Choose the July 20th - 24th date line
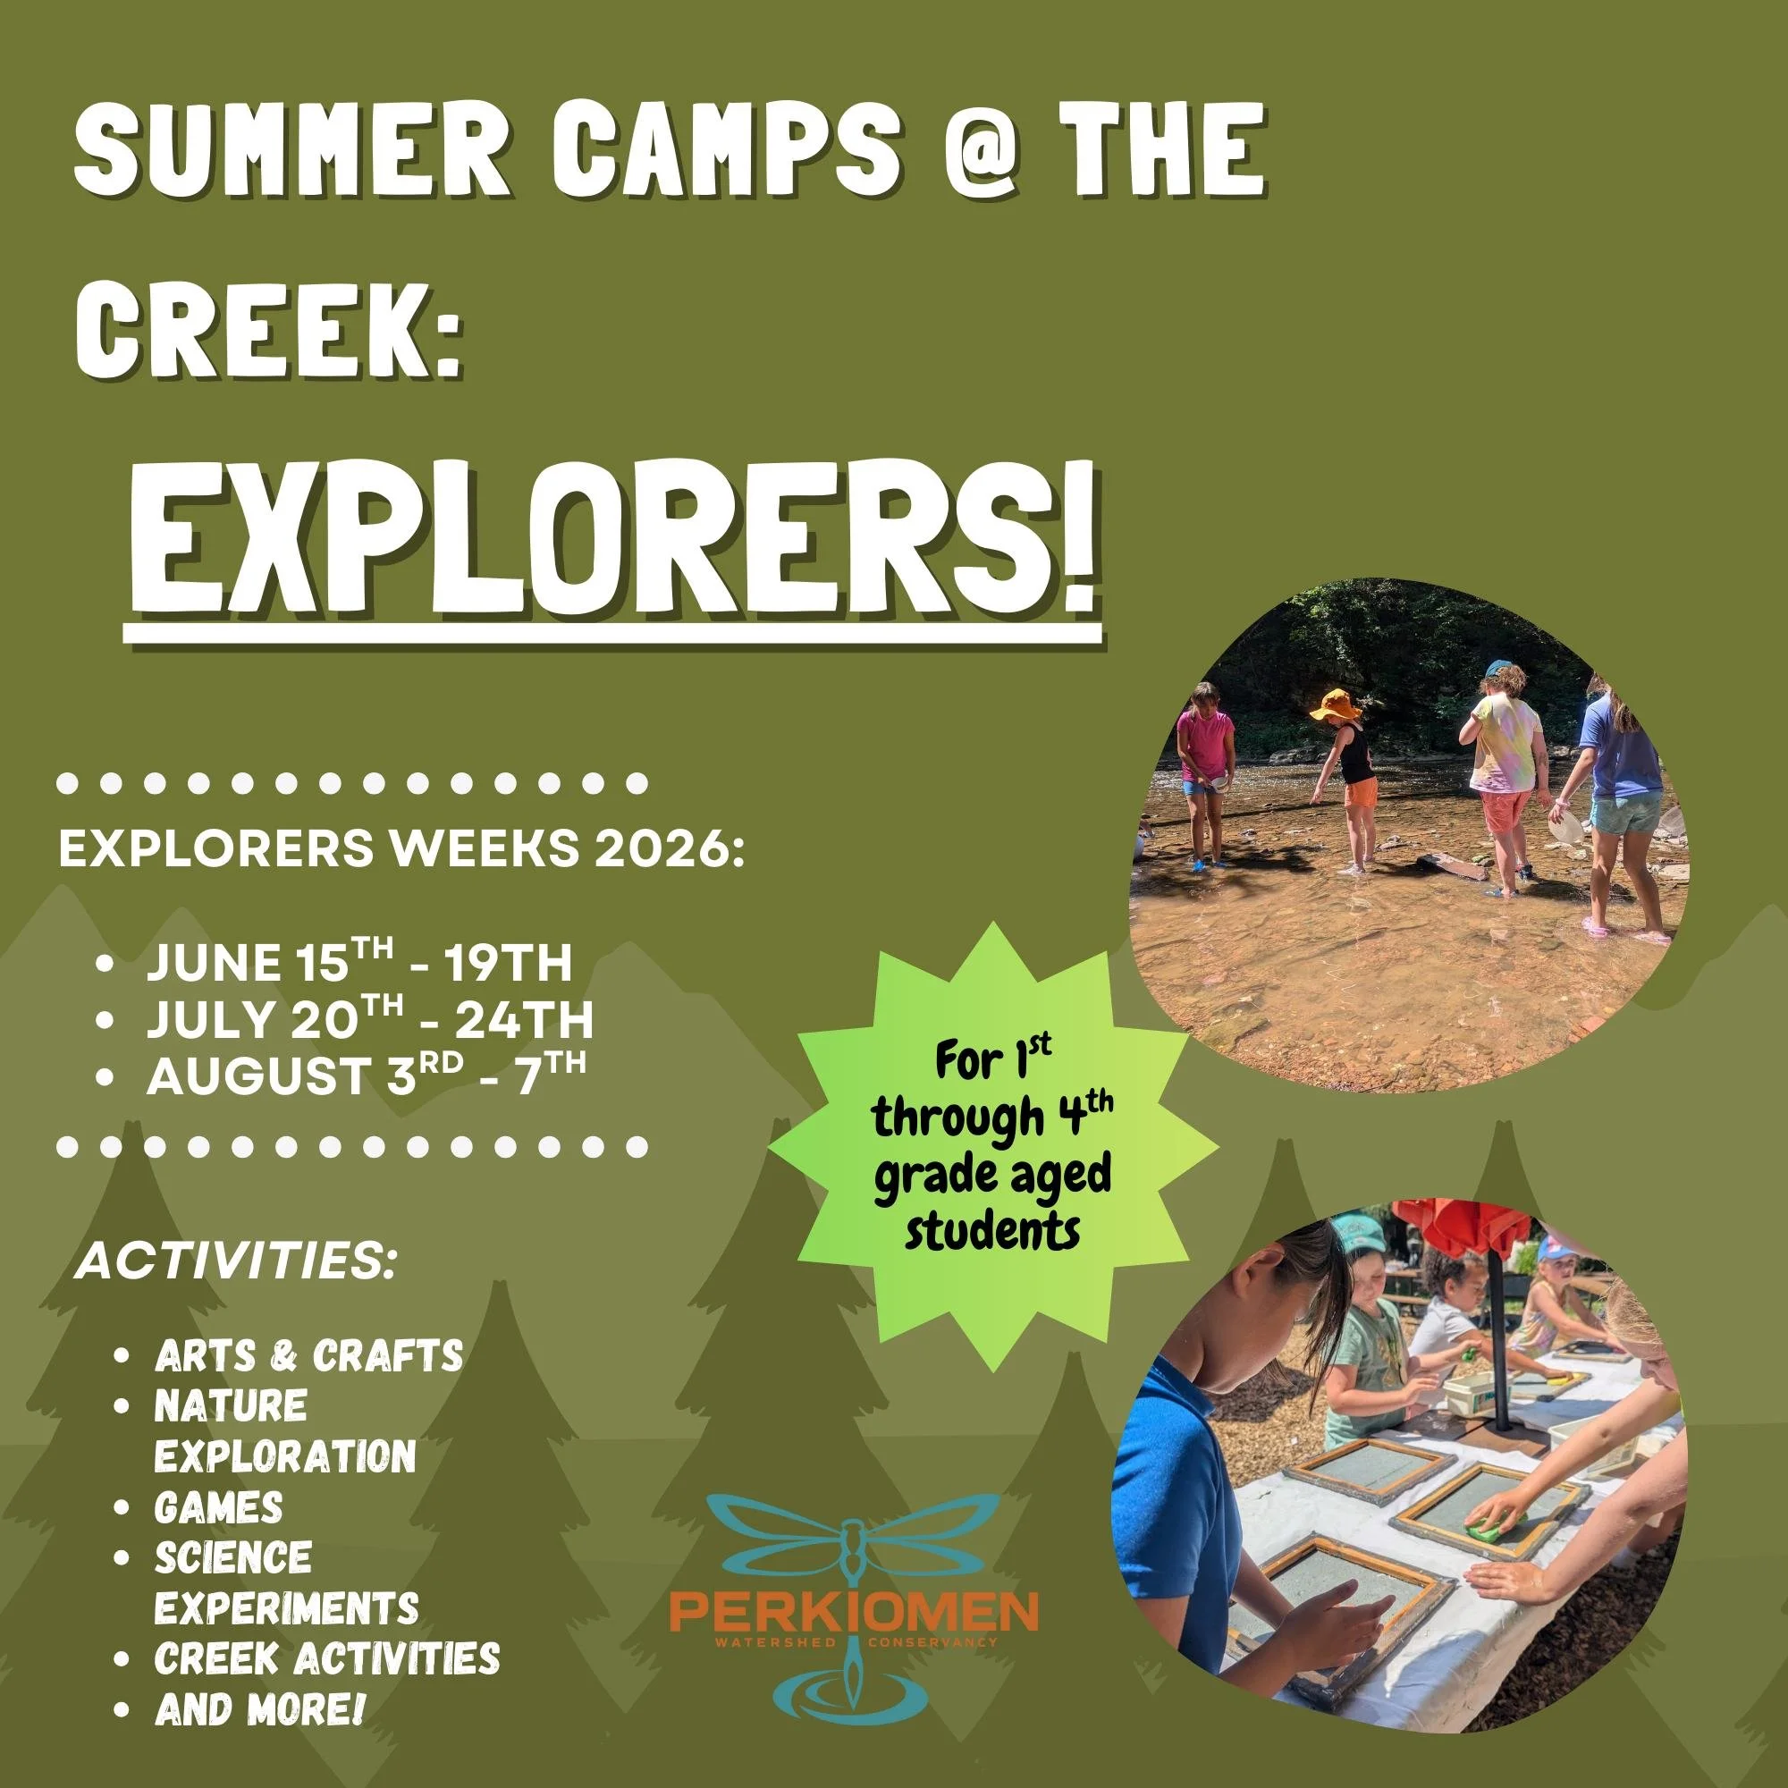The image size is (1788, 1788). (368, 1021)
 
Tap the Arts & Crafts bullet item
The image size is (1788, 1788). (308, 1357)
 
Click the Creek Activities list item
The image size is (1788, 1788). (326, 1658)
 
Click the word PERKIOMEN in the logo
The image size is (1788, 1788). (853, 1611)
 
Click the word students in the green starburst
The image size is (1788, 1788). (992, 1232)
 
